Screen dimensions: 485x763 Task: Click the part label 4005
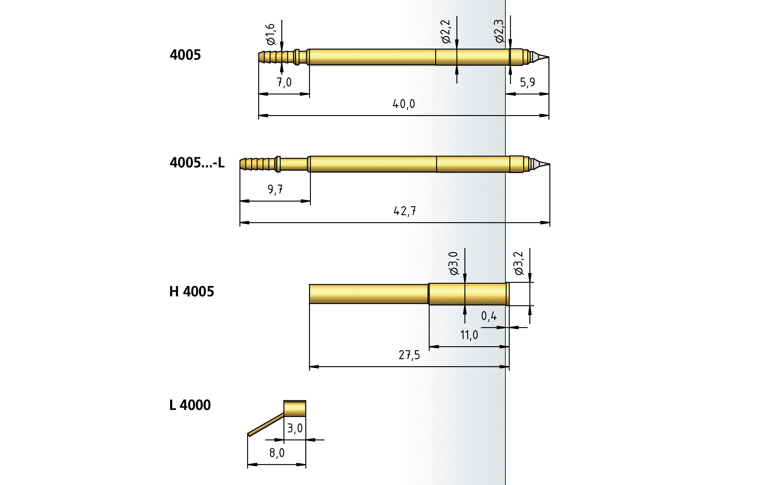pyautogui.click(x=185, y=55)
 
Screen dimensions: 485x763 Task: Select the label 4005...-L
pyautogui.click(x=197, y=163)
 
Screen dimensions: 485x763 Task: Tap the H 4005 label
pyautogui.click(x=191, y=291)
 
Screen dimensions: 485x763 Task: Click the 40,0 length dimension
pyautogui.click(x=404, y=104)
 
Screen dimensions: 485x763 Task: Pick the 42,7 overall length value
pyautogui.click(x=404, y=211)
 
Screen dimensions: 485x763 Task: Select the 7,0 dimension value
pyautogui.click(x=284, y=82)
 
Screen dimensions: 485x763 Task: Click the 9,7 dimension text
pyautogui.click(x=275, y=190)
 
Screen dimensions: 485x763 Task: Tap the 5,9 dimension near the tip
pyautogui.click(x=527, y=82)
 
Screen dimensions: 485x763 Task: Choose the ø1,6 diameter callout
pyautogui.click(x=271, y=34)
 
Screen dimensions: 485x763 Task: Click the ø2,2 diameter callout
pyautogui.click(x=445, y=31)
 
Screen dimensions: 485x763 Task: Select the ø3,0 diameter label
pyautogui.click(x=453, y=263)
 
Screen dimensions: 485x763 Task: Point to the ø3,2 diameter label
pyautogui.click(x=518, y=263)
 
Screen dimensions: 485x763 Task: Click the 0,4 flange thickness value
pyautogui.click(x=488, y=316)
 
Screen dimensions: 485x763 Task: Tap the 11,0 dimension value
pyautogui.click(x=469, y=335)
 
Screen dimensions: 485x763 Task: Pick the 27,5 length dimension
pyautogui.click(x=409, y=355)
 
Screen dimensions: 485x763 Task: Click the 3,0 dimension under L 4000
pyautogui.click(x=295, y=429)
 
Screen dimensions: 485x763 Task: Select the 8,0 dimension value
pyautogui.click(x=277, y=453)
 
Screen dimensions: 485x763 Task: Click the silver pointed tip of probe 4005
pyautogui.click(x=539, y=57)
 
